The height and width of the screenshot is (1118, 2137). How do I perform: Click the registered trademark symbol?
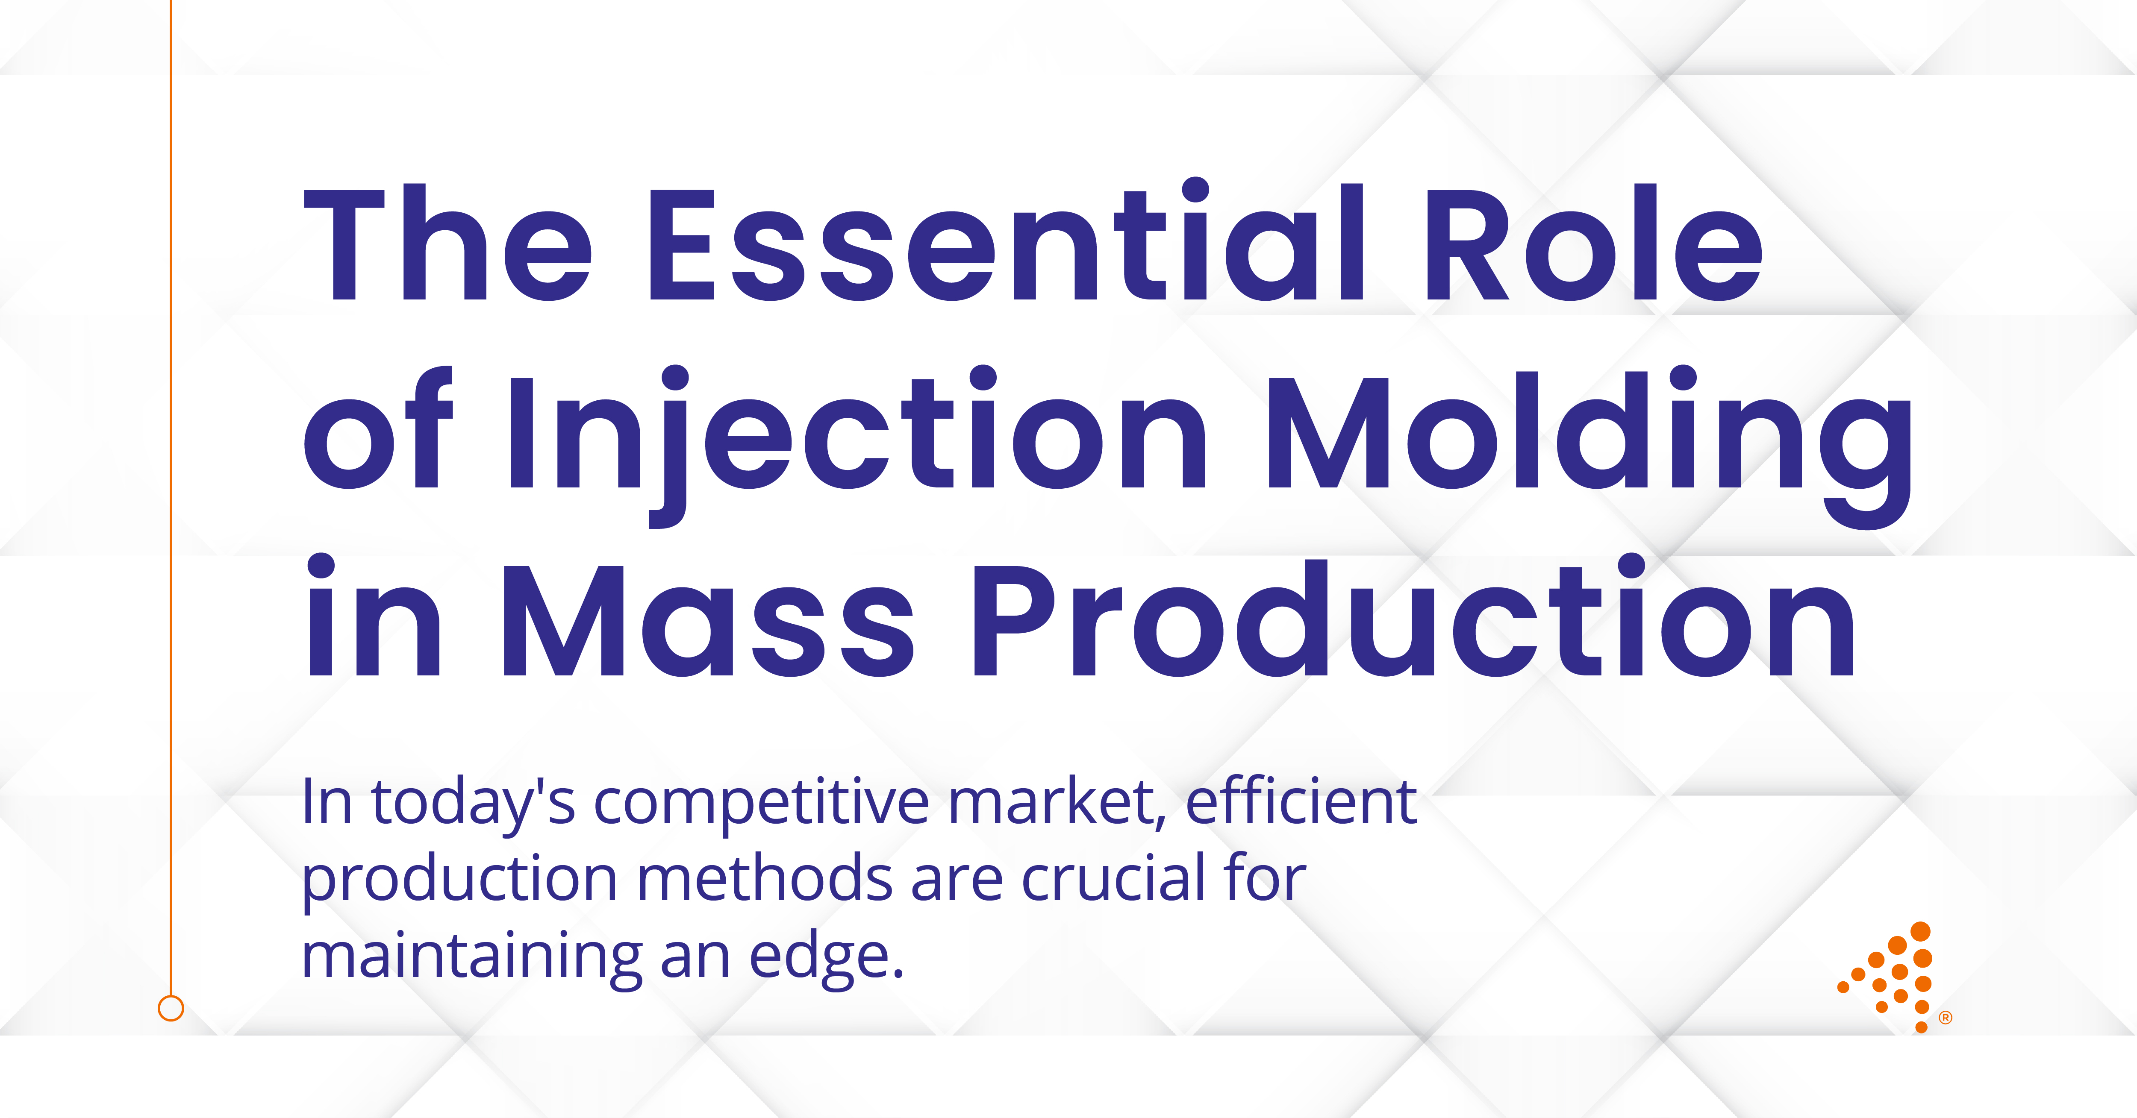1946,1018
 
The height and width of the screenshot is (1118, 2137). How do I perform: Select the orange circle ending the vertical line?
171,1009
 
